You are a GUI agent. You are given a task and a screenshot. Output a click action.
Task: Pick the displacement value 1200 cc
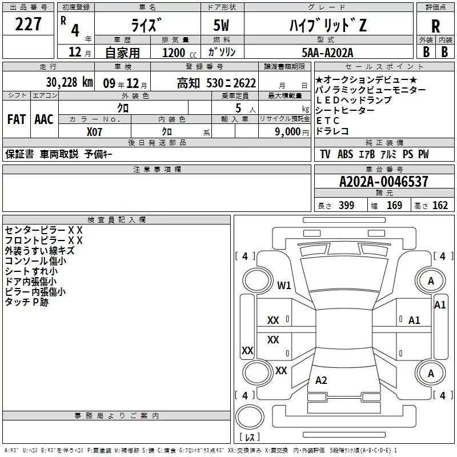(x=171, y=52)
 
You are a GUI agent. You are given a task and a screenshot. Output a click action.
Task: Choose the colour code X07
(x=95, y=131)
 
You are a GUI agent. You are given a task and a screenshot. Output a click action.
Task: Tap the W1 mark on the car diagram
(x=284, y=285)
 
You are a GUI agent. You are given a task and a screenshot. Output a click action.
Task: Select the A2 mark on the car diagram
(x=321, y=380)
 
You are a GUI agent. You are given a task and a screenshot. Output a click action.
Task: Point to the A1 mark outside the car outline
(x=440, y=305)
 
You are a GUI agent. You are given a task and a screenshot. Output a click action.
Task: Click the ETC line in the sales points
(x=328, y=120)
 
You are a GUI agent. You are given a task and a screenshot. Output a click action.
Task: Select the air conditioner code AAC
(x=43, y=119)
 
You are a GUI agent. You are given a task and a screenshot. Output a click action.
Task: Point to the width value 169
(x=394, y=206)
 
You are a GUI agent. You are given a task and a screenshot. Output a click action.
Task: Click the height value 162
(x=440, y=206)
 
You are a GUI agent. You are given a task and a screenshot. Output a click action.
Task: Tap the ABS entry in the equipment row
(x=345, y=154)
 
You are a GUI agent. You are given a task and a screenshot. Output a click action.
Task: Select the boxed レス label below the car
(x=250, y=438)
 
